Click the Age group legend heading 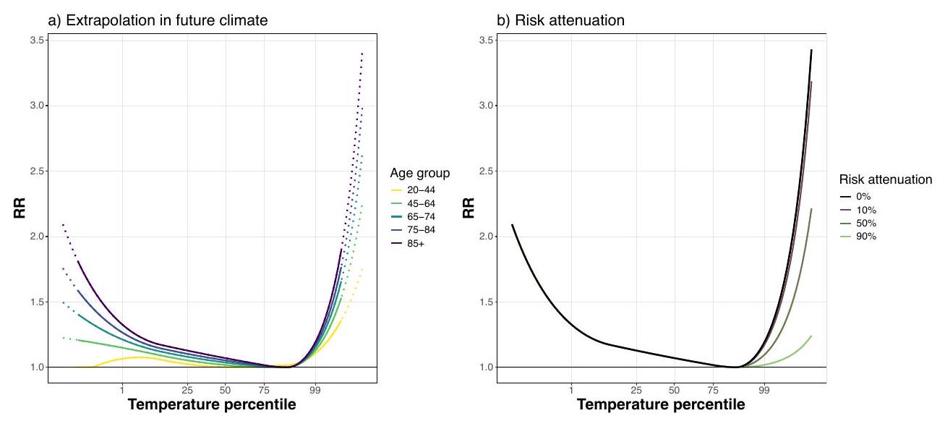pos(421,173)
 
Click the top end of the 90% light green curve pos(811,336)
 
